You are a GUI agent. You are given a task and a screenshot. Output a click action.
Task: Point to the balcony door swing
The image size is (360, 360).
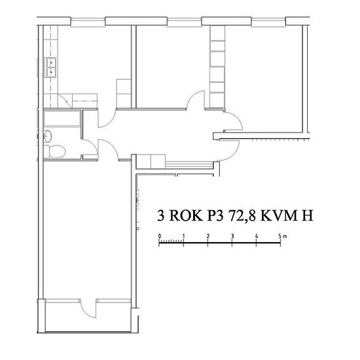(87, 308)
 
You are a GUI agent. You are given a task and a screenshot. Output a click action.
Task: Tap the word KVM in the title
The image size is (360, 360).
(277, 215)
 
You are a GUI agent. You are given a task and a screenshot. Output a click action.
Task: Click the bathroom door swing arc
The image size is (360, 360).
(91, 147)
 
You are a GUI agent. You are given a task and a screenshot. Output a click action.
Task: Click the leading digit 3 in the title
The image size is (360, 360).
(161, 215)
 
